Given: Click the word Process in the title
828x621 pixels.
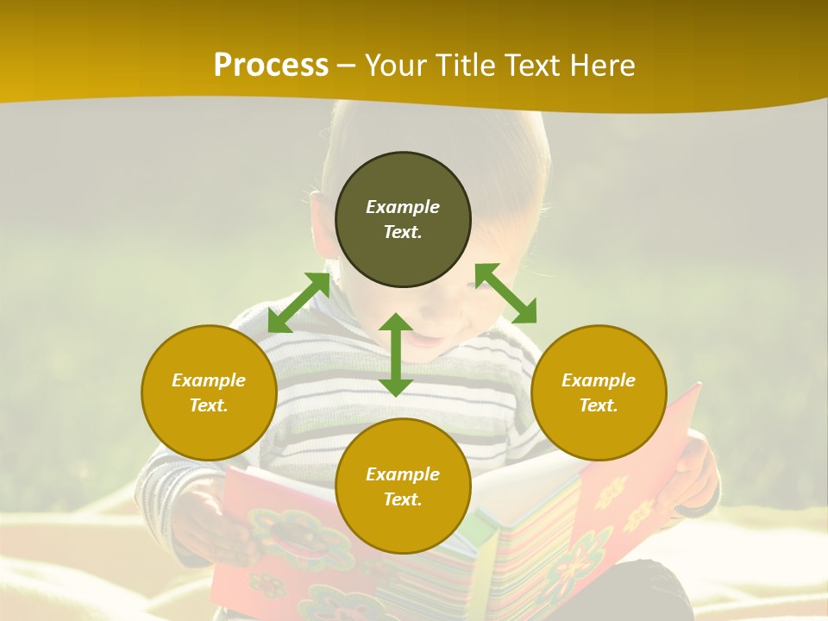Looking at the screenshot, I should [x=271, y=66].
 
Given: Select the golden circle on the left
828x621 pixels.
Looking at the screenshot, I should [x=209, y=431].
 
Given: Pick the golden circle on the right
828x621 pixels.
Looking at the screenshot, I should [x=599, y=431].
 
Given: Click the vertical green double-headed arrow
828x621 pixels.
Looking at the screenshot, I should [x=396, y=354].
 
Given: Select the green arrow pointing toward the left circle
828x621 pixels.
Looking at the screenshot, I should [x=298, y=303].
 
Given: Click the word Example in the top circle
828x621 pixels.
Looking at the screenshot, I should [x=403, y=207].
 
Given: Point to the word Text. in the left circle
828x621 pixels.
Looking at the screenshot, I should [x=209, y=405].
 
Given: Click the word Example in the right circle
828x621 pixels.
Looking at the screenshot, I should [x=599, y=380].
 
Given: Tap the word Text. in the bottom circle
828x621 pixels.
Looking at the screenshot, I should [x=403, y=499].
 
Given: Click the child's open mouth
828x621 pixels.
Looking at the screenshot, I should [x=423, y=339].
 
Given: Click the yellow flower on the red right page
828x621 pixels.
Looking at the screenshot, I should [x=611, y=492].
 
